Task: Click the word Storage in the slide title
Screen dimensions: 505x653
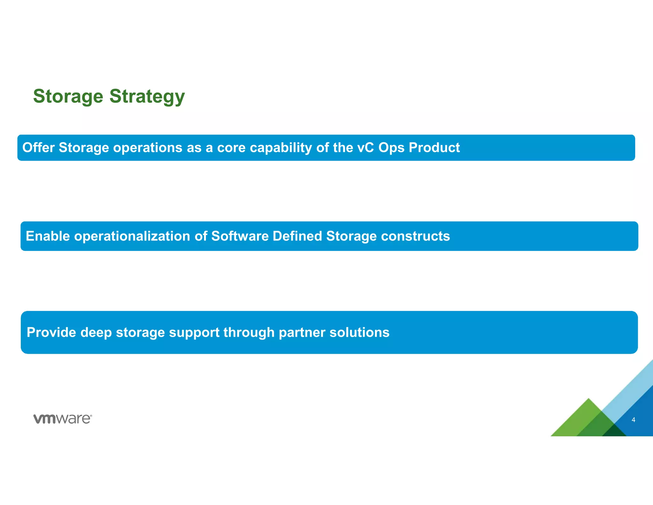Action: point(68,96)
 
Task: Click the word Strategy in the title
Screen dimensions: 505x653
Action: point(147,97)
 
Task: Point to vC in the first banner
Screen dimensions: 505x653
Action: point(365,147)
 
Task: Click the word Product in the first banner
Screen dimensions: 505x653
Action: point(434,147)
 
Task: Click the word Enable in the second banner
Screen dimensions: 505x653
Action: point(48,236)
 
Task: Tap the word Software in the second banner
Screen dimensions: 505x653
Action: point(240,236)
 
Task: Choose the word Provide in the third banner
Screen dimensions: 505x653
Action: point(51,332)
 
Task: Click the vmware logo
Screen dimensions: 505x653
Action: point(62,419)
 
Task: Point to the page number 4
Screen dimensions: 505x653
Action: point(633,420)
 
